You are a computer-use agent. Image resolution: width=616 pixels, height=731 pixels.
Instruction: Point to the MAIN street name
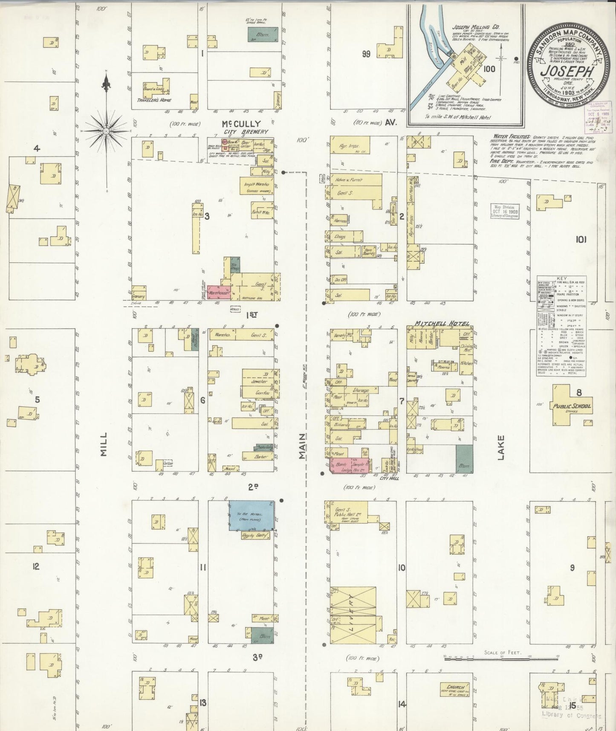302,446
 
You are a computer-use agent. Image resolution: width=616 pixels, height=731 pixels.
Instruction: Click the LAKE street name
500,447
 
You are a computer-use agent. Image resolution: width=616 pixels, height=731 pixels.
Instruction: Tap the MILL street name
104,444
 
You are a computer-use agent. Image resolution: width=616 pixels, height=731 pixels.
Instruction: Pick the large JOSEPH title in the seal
567,70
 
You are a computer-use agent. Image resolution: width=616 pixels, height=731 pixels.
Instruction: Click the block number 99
366,54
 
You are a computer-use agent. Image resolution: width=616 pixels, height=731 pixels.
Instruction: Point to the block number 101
581,240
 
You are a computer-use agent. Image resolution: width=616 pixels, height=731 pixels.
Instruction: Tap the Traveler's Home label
153,100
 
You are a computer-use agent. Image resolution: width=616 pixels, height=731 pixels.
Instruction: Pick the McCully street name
241,124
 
